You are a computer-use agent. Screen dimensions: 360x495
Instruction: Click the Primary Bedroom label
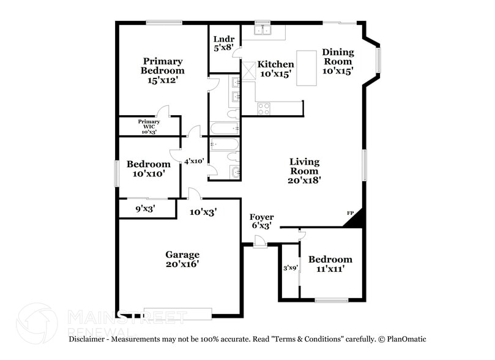point(162,70)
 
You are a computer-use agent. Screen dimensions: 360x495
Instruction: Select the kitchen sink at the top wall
point(262,29)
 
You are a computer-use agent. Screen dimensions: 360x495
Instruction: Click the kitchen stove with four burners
point(264,109)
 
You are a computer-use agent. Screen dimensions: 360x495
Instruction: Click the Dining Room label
point(337,61)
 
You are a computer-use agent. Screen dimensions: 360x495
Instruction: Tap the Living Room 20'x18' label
point(304,171)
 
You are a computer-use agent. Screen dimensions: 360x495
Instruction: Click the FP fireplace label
point(351,212)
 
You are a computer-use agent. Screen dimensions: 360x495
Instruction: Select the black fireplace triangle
point(357,219)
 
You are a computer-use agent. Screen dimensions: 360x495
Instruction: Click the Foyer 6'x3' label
point(261,221)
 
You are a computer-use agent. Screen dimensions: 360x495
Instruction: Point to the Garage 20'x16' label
point(182,259)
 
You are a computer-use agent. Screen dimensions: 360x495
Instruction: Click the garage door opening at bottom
point(177,311)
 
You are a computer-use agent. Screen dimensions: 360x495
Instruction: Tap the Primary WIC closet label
point(149,126)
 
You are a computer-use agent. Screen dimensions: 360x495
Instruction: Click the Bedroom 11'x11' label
point(330,264)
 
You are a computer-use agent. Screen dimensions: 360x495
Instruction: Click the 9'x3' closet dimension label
point(145,209)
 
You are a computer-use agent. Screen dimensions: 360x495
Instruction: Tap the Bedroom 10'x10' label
point(148,169)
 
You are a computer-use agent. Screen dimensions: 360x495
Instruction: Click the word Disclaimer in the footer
point(89,339)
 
